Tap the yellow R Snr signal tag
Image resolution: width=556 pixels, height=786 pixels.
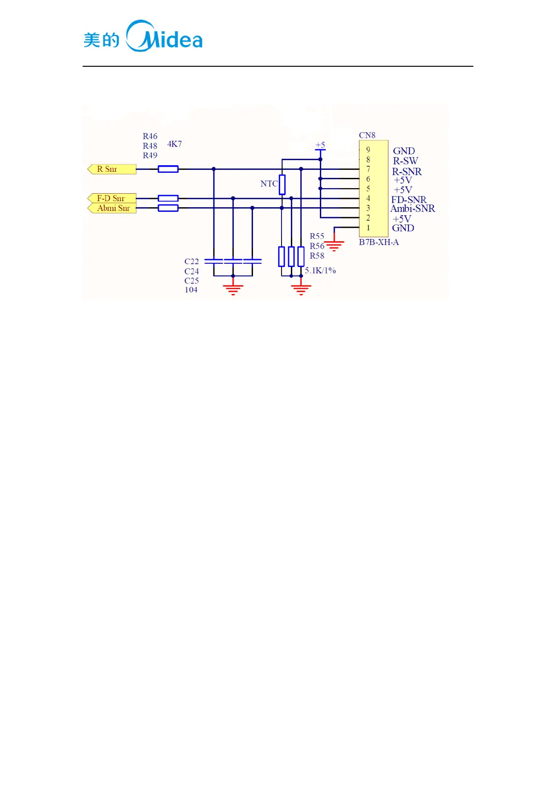click(112, 169)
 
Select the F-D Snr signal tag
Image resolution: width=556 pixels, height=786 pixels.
click(112, 198)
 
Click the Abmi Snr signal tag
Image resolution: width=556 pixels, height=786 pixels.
click(112, 208)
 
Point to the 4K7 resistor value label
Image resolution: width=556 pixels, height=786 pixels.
click(174, 144)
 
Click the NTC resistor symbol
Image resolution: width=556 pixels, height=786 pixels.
click(282, 184)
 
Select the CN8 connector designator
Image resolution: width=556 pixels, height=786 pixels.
click(367, 135)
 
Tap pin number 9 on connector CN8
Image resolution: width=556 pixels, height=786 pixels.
click(368, 150)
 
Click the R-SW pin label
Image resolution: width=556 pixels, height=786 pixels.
click(405, 161)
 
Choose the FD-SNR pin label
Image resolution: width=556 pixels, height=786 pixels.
click(408, 200)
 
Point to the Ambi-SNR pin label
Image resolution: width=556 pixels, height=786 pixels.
click(413, 209)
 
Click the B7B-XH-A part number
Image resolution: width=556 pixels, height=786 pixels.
click(379, 242)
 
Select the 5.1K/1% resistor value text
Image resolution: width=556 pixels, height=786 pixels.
click(320, 270)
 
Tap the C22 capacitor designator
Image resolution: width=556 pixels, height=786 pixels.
click(191, 261)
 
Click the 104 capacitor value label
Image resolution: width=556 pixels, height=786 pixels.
click(191, 290)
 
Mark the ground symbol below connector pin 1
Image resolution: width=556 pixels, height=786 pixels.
click(334, 245)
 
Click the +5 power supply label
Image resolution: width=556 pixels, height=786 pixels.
click(320, 145)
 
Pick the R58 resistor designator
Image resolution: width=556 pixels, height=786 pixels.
click(317, 256)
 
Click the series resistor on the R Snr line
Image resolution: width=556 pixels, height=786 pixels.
click(168, 169)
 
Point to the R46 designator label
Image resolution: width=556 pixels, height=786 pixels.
click(150, 136)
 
